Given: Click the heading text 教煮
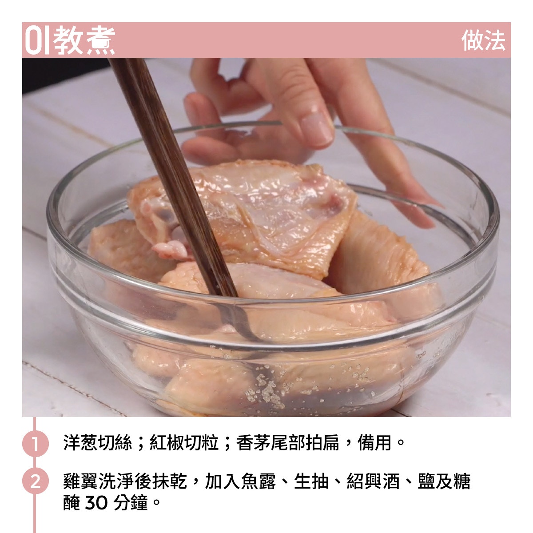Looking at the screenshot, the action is click(x=84, y=40).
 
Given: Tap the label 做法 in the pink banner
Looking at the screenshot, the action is click(x=483, y=40).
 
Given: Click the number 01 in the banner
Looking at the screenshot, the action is click(x=37, y=40).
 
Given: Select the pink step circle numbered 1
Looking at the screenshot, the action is click(x=35, y=443).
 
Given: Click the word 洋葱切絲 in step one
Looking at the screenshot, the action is click(x=97, y=443).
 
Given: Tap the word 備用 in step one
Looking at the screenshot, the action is click(x=374, y=443).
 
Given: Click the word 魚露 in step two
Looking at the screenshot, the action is click(x=259, y=481).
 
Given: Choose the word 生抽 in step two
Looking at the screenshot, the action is click(x=311, y=481).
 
